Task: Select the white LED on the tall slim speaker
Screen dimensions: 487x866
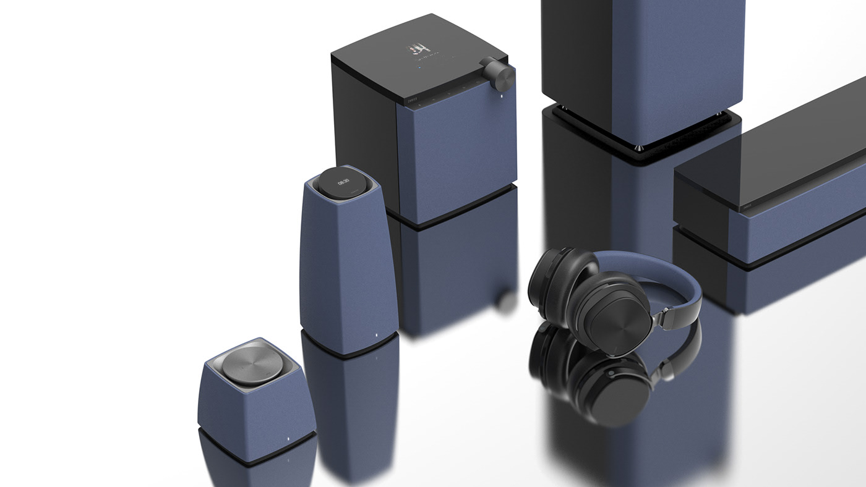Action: coord(376,337)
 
